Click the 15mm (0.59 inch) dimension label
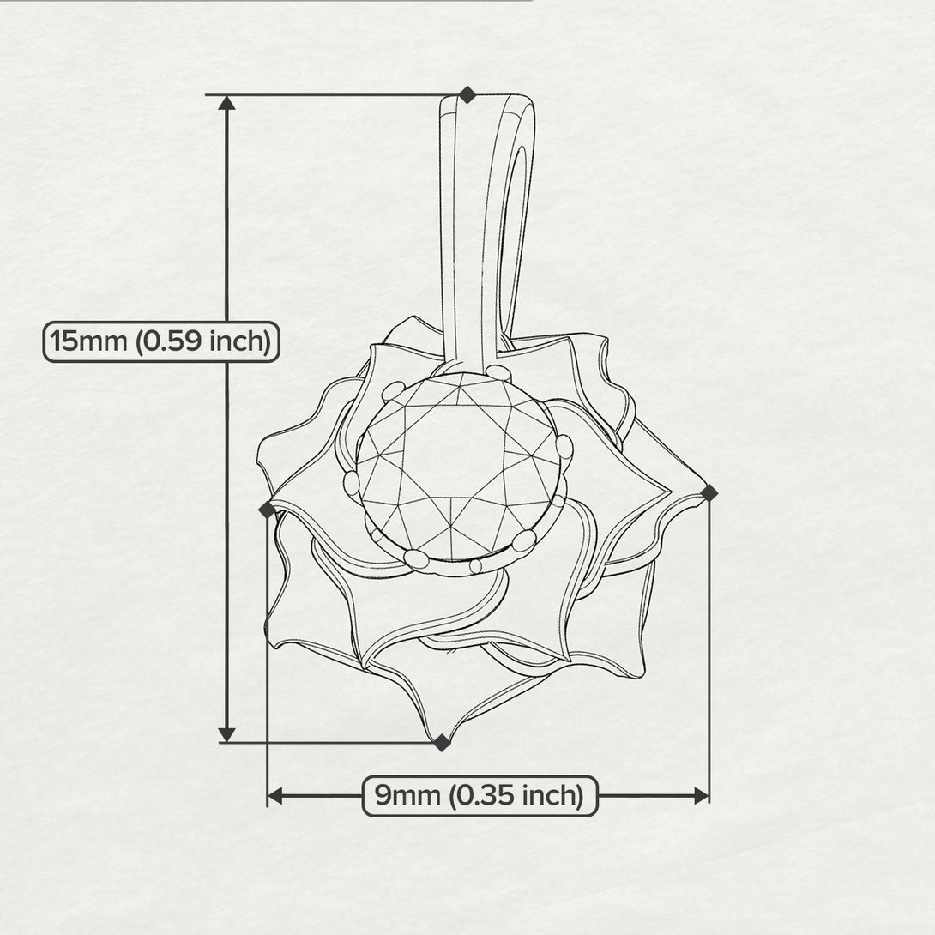161,341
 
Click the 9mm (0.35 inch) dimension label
480,795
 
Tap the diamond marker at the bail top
467,94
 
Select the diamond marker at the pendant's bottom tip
441,742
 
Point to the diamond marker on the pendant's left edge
268,510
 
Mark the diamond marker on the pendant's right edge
709,492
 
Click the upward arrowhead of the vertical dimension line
226,103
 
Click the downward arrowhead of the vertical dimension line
226,734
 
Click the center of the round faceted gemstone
459,467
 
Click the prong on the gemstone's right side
564,446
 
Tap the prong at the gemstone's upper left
392,391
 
